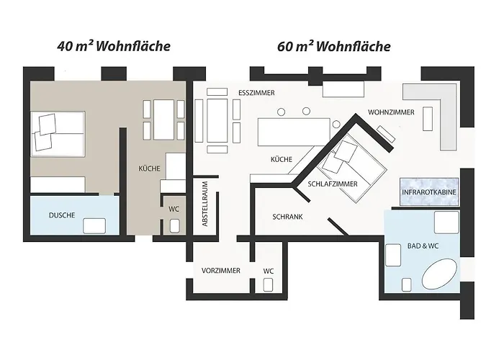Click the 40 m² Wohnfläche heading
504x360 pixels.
pos(114,47)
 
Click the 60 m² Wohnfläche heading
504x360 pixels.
pos(333,47)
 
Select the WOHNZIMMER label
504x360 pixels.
pos(390,113)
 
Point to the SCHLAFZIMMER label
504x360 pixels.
pos(333,184)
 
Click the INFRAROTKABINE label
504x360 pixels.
pos(429,192)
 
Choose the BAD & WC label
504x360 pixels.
pos(422,246)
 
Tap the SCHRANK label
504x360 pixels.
pos(287,216)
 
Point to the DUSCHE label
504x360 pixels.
pos(62,215)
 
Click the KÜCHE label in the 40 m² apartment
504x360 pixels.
pos(149,168)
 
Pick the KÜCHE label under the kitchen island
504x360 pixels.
pos(282,159)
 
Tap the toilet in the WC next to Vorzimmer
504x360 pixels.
pos(269,284)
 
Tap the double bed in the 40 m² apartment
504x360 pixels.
pos(59,132)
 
